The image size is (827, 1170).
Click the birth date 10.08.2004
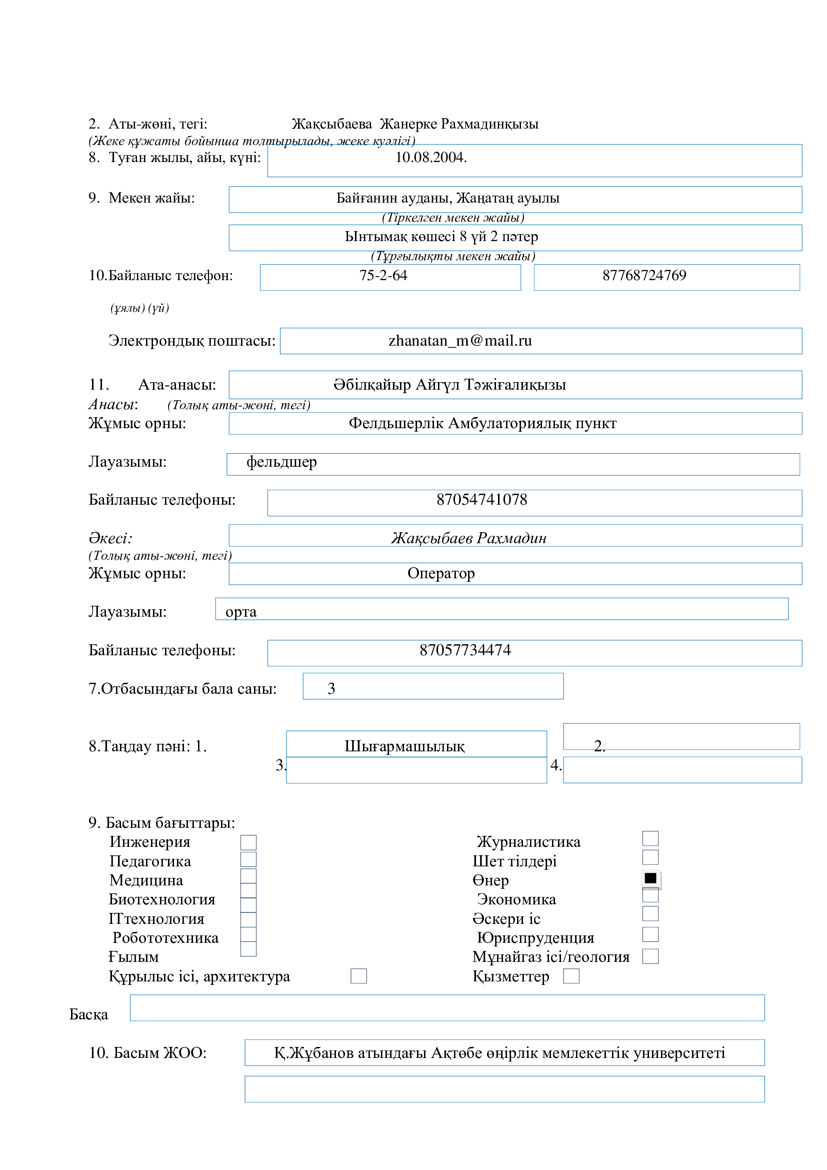pyautogui.click(x=430, y=158)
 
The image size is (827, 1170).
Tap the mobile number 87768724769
pyautogui.click(x=644, y=276)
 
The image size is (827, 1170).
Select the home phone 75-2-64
pyautogui.click(x=383, y=276)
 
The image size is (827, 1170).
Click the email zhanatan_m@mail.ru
pyautogui.click(x=460, y=341)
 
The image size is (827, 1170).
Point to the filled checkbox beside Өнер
pyautogui.click(x=650, y=878)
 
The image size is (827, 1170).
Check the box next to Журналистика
pyautogui.click(x=650, y=838)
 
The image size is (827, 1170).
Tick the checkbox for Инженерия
pyautogui.click(x=248, y=842)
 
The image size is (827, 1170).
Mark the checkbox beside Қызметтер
pyautogui.click(x=571, y=976)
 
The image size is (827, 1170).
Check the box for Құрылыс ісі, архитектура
pyautogui.click(x=358, y=976)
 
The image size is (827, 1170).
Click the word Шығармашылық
pyautogui.click(x=404, y=746)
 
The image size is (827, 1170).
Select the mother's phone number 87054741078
pyautogui.click(x=481, y=499)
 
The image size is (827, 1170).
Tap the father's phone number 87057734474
pyautogui.click(x=465, y=650)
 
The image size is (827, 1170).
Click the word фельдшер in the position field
pyautogui.click(x=281, y=462)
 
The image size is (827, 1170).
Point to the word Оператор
pyautogui.click(x=441, y=573)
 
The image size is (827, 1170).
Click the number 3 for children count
pyautogui.click(x=331, y=689)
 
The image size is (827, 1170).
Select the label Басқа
pyautogui.click(x=88, y=1014)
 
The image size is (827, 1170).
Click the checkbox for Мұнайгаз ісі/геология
pyautogui.click(x=650, y=956)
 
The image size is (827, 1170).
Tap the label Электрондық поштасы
pyautogui.click(x=191, y=341)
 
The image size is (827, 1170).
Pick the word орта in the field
pyautogui.click(x=241, y=612)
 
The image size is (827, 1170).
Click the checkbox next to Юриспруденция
pyautogui.click(x=650, y=934)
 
